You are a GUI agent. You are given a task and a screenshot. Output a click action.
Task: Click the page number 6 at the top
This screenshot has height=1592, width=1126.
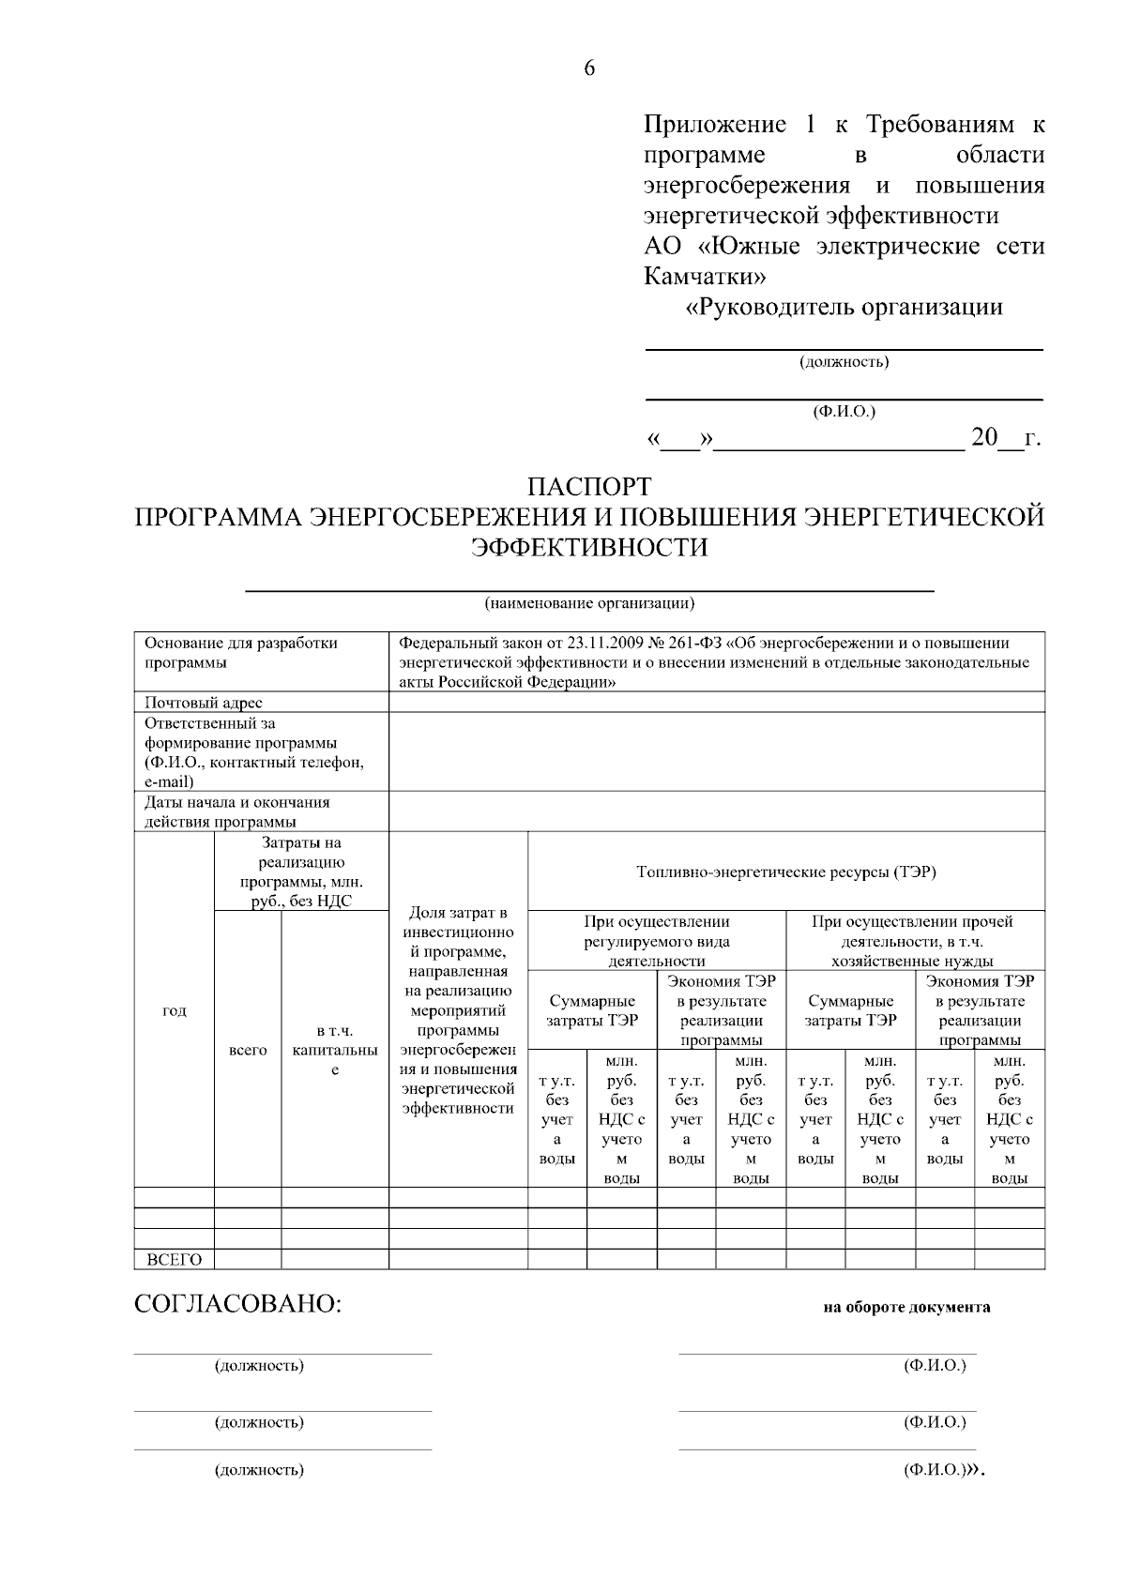pyautogui.click(x=589, y=68)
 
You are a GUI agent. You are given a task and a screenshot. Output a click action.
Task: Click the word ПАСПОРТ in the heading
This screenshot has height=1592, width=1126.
pyautogui.click(x=589, y=488)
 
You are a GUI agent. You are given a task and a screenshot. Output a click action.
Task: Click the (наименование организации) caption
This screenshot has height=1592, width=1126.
pyautogui.click(x=589, y=603)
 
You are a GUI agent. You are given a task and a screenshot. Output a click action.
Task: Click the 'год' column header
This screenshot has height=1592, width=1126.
pyautogui.click(x=175, y=1010)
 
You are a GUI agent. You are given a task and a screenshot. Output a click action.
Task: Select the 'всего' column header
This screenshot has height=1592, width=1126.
pyautogui.click(x=248, y=1050)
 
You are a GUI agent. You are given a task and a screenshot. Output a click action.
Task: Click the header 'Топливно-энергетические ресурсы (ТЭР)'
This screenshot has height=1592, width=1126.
pyautogui.click(x=786, y=872)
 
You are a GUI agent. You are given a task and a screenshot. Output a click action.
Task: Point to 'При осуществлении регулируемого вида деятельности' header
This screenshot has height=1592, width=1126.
pyautogui.click(x=657, y=941)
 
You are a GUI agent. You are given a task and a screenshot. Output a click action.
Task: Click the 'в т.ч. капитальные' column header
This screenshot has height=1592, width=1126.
pyautogui.click(x=335, y=1050)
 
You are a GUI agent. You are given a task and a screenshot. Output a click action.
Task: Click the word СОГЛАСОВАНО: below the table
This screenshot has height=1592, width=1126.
pyautogui.click(x=238, y=1305)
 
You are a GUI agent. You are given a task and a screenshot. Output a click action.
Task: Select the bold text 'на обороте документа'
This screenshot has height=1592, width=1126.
pyautogui.click(x=906, y=1307)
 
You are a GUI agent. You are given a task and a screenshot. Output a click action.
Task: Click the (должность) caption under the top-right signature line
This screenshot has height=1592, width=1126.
pyautogui.click(x=844, y=362)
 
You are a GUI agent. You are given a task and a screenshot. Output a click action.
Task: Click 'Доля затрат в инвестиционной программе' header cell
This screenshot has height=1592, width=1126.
pyautogui.click(x=459, y=1010)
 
